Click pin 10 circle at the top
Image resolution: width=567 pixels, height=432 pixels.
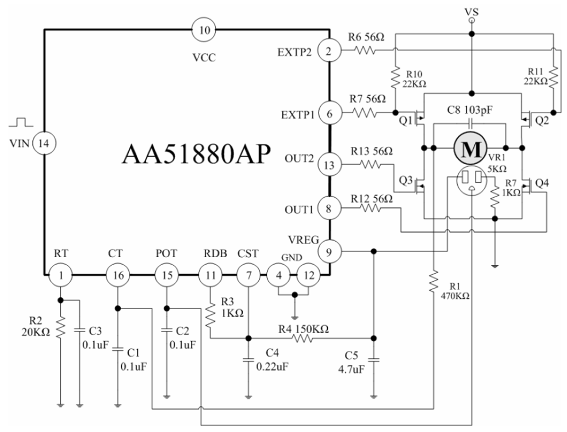coord(204,30)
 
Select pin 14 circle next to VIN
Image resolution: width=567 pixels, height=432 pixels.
coord(44,143)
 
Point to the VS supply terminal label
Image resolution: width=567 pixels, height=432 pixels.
coord(472,12)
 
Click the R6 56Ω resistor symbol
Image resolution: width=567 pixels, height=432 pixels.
coord(365,50)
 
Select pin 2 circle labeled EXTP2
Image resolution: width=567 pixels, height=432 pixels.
coord(329,51)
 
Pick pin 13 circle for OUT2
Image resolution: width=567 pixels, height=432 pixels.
coord(329,165)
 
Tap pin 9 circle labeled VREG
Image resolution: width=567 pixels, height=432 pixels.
coord(329,252)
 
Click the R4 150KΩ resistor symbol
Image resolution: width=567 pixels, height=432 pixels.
coord(302,338)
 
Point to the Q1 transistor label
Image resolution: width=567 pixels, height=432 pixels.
coord(405,121)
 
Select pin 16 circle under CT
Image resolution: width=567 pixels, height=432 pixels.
coord(118,275)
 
